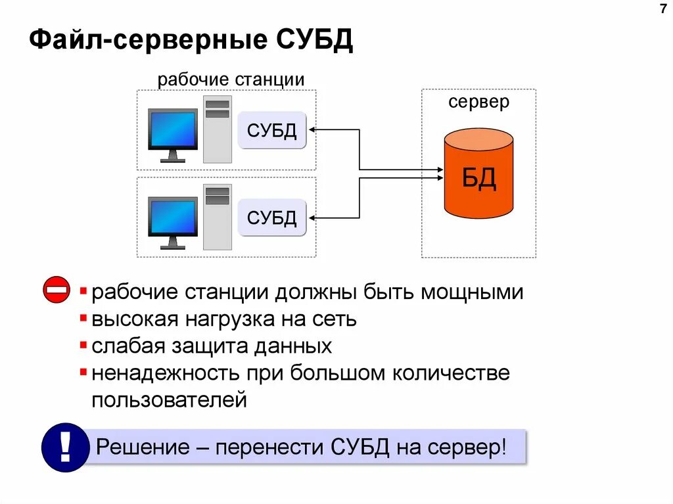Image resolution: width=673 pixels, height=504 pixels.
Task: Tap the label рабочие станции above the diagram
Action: pos(230,80)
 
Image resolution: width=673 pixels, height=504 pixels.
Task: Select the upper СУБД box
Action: pos(272,130)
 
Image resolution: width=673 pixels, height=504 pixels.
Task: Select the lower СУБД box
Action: pos(272,217)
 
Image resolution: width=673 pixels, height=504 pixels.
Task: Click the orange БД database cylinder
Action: pos(478,174)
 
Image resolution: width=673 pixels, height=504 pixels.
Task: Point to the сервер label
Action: pos(478,102)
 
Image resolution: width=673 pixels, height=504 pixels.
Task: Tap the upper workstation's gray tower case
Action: pos(217,129)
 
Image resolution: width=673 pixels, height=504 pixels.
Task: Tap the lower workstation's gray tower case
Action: pos(217,217)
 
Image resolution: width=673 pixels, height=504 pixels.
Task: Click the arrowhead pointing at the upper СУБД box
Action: pos(312,130)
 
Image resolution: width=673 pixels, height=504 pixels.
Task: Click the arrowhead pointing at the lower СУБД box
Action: pos(312,218)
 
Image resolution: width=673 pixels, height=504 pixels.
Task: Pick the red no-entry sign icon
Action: pos(57,290)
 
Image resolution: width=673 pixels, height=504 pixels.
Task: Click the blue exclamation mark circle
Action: pos(64,447)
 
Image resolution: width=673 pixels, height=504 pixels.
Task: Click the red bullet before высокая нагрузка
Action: pos(83,319)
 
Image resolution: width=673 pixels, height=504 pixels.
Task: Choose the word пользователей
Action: pos(170,400)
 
